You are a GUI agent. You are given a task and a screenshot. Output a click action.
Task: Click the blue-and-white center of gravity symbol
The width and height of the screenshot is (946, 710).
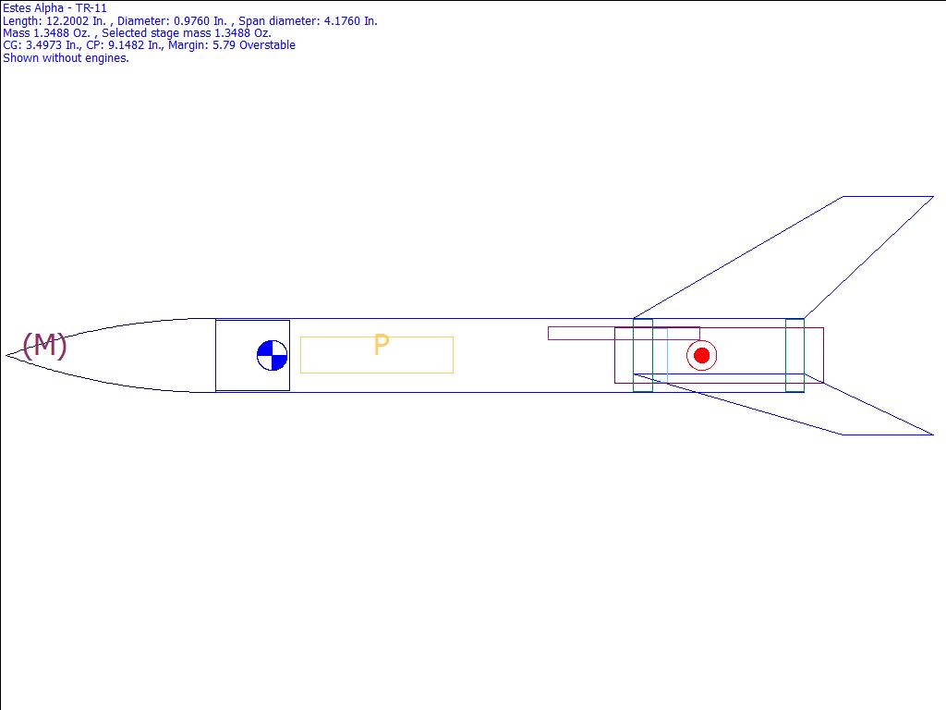pos(273,356)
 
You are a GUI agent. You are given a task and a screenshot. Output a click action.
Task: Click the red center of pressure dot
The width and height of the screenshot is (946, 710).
pos(702,356)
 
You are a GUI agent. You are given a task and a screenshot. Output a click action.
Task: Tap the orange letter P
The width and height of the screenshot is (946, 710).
pos(382,345)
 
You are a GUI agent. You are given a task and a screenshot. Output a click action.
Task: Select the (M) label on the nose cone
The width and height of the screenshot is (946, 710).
pos(44,346)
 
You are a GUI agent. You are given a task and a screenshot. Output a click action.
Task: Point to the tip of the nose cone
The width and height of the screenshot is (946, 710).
pos(6,356)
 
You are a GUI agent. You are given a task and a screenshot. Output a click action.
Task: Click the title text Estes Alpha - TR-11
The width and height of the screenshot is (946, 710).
pos(55,8)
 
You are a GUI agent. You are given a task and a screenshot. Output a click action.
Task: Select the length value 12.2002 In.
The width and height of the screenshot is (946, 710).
pos(76,21)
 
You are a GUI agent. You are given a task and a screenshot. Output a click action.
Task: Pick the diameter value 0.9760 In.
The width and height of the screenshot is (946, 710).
pos(200,21)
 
